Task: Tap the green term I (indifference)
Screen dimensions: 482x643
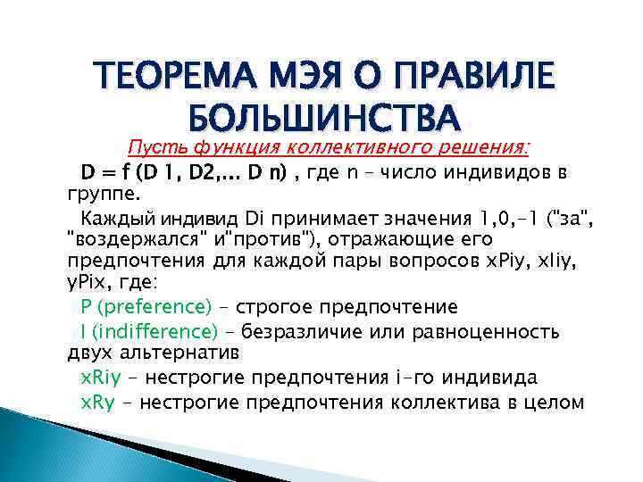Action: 148,332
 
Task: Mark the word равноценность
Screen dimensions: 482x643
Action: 489,332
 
